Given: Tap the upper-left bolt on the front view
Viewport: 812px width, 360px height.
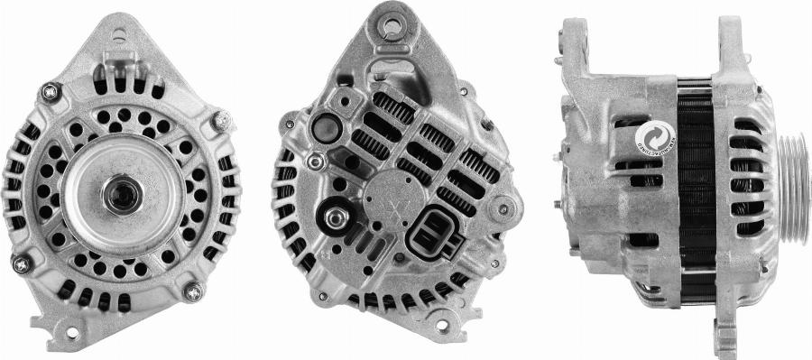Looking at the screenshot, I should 50,91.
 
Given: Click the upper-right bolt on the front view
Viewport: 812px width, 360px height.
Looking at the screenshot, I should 218,120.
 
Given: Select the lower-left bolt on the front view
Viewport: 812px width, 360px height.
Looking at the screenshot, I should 21,263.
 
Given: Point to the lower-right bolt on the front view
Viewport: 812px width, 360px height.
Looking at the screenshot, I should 191,291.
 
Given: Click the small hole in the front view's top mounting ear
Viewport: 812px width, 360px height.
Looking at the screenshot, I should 117,37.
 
